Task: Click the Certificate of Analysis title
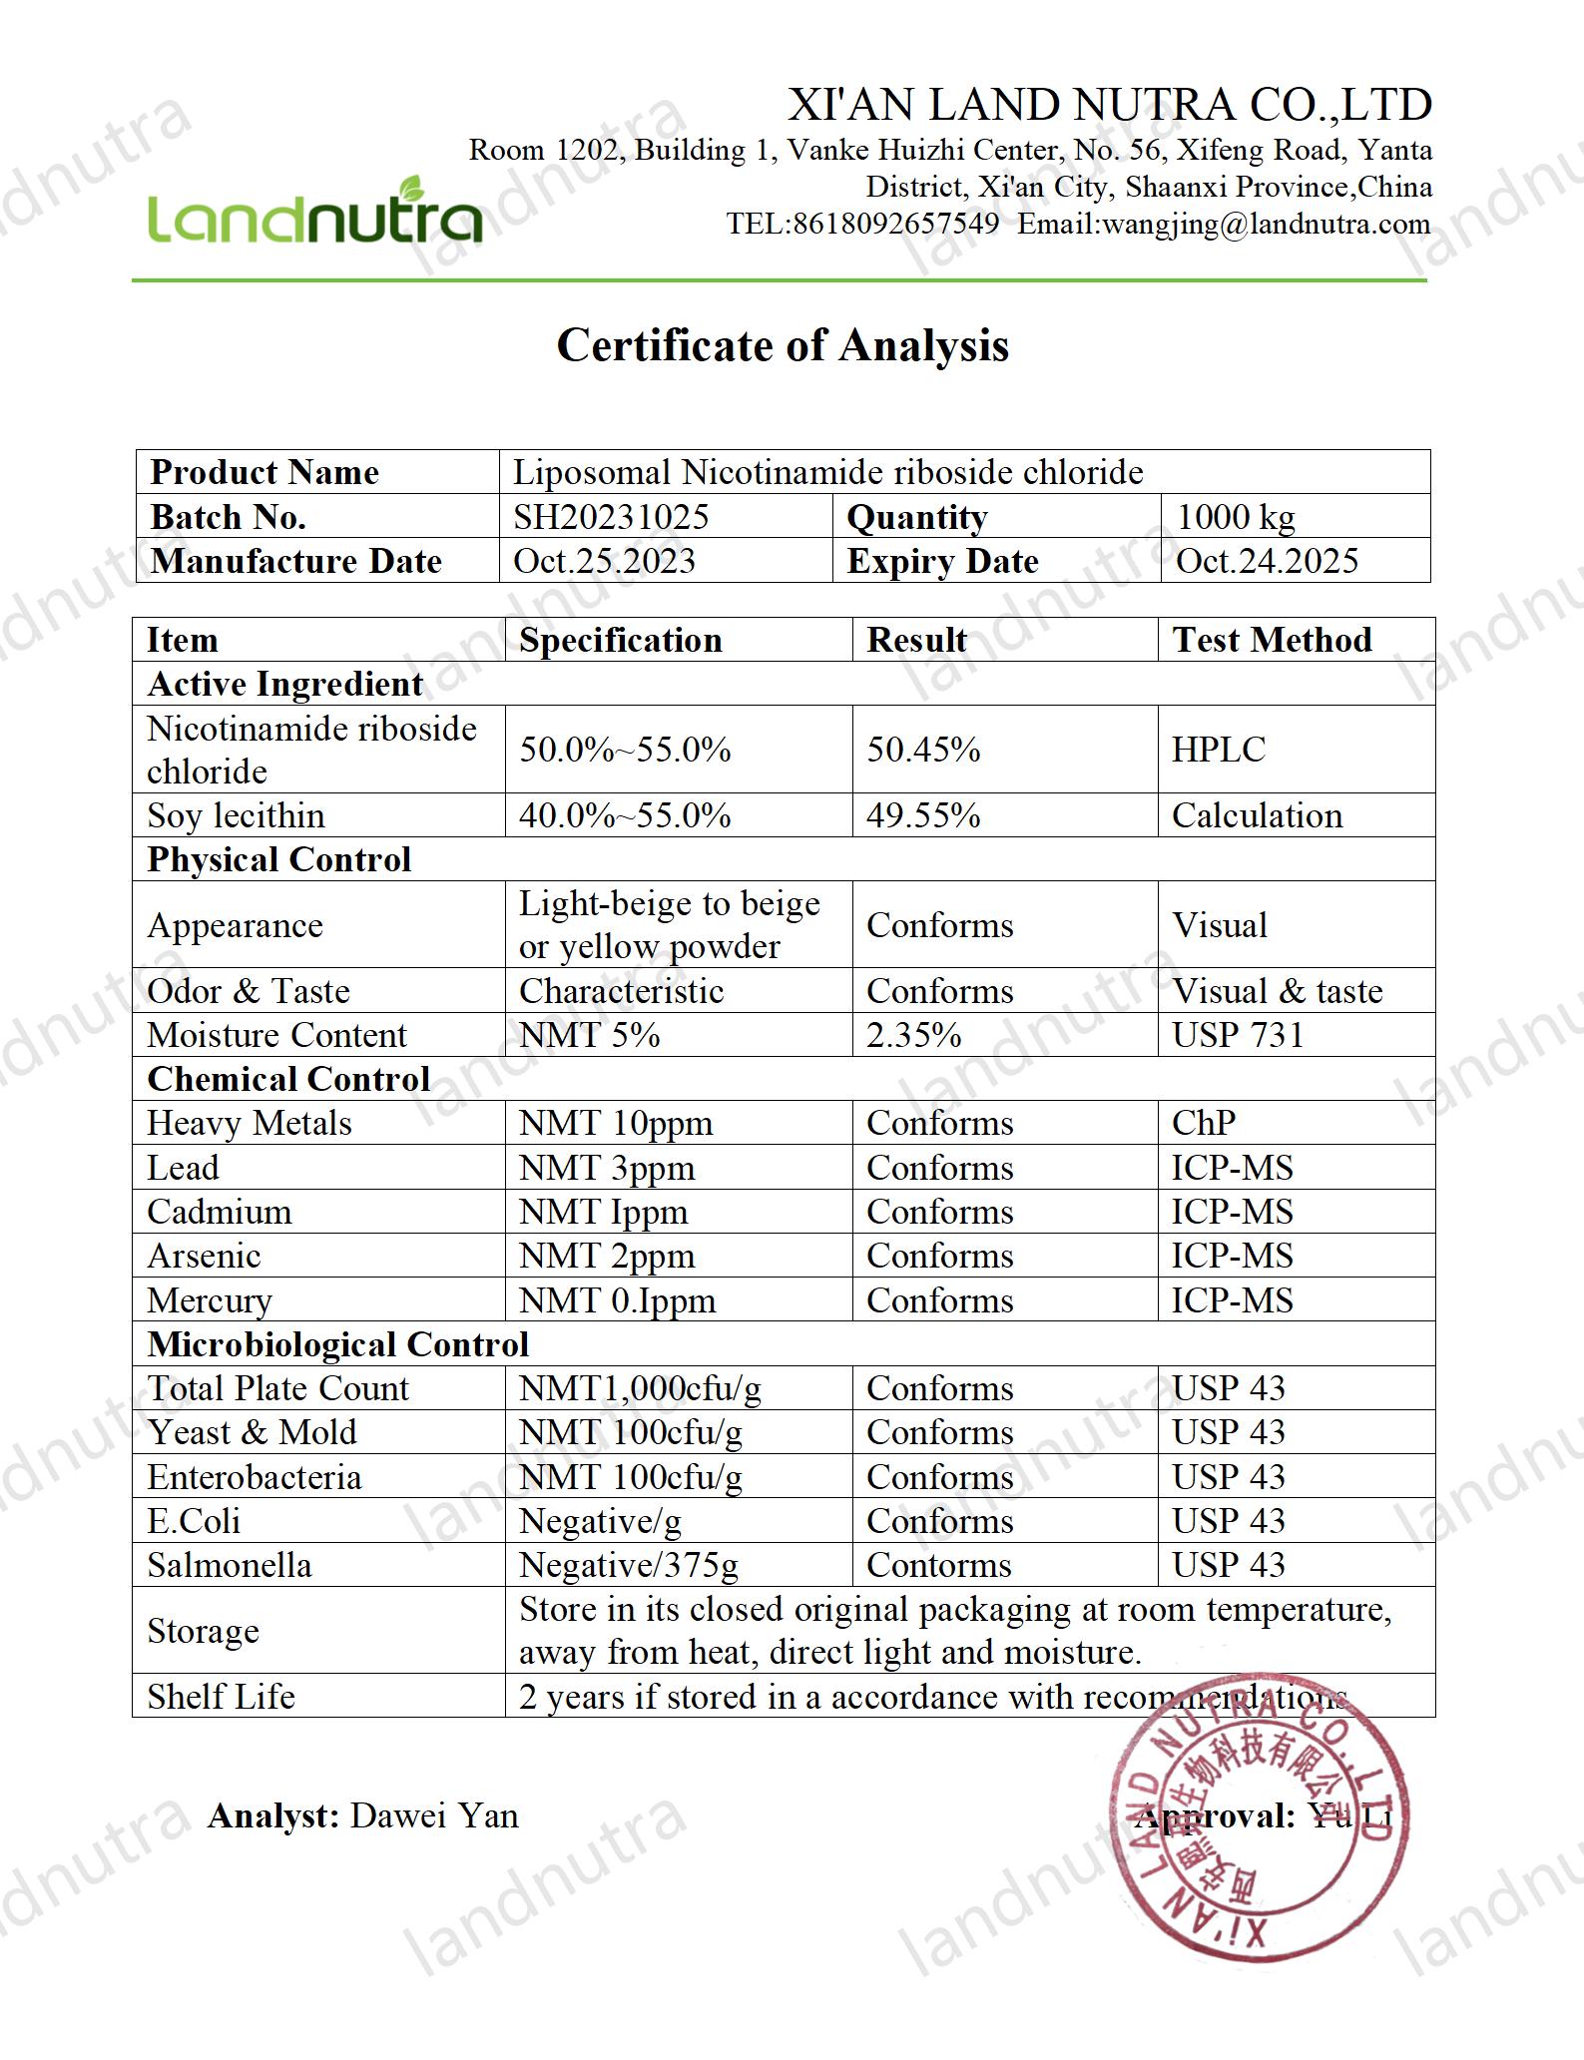783,345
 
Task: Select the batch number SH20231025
611,517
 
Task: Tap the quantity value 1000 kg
1236,517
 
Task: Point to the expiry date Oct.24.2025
1267,561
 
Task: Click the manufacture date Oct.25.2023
604,561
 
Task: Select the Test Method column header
1272,640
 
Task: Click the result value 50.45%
923,750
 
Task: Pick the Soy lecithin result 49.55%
923,815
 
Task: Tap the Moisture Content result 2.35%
913,1035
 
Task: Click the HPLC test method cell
1218,750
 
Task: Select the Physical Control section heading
278,859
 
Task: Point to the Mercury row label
209,1300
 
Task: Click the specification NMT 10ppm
616,1123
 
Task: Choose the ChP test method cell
1204,1123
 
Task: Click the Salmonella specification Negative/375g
629,1565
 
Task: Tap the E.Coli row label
194,1521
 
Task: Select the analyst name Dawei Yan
434,1815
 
